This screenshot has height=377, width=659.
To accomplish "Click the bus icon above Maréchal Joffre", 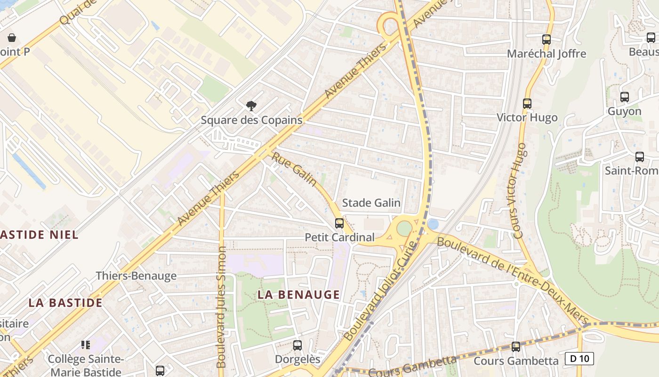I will coord(546,40).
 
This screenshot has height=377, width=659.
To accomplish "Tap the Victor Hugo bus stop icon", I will coord(527,103).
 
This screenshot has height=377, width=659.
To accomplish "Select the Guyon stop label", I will coord(625,111).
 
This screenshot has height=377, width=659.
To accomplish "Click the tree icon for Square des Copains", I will coord(251,106).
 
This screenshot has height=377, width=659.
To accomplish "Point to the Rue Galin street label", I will coord(294,169).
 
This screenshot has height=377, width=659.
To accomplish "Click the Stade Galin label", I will coord(371,203).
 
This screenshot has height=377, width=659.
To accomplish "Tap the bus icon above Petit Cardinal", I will coord(339,223).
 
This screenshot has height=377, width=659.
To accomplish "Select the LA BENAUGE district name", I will coord(298,295).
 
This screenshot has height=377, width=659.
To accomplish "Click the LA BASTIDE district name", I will coord(65,303).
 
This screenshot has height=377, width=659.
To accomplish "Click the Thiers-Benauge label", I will coord(136,276).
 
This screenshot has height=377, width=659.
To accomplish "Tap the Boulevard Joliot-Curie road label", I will coord(381,291).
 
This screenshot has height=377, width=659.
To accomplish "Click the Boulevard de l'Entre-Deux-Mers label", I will coord(513,281).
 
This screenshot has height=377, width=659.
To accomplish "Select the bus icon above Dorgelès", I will coord(297,345).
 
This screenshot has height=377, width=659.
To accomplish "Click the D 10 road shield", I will coord(579,359).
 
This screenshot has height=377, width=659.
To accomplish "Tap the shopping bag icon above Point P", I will coord(12,38).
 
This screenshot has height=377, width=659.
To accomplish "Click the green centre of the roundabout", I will coord(404,229).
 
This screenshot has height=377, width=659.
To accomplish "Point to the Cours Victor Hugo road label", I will coord(516,191).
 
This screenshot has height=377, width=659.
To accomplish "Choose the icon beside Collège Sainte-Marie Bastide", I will coord(85,345).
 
